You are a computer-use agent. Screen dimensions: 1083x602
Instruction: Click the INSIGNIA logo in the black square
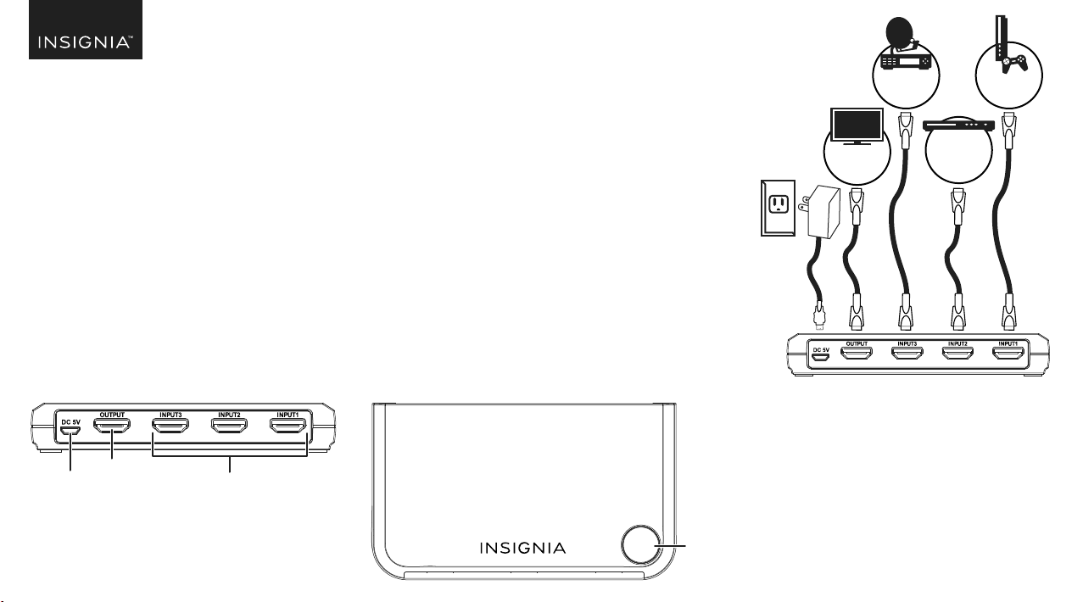[85, 42]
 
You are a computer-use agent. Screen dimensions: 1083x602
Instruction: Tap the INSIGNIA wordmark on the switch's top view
[522, 548]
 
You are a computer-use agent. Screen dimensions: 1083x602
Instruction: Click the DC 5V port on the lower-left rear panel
[70, 430]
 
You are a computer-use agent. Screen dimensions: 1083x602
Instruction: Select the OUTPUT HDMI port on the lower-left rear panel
[112, 426]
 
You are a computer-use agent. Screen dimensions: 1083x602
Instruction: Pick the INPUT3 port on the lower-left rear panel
[170, 426]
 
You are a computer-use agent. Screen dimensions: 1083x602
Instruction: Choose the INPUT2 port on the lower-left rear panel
[229, 426]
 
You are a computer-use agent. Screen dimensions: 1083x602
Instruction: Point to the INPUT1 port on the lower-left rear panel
[287, 426]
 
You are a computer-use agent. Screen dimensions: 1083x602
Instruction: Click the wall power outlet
[778, 208]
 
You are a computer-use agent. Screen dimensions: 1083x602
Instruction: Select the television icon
[857, 126]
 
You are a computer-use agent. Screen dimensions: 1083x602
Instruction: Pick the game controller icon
[1015, 64]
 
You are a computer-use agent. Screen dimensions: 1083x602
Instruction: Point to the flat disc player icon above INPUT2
[958, 125]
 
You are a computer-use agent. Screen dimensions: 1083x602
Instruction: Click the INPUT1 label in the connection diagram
[1008, 343]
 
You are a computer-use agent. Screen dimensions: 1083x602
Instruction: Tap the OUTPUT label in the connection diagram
[857, 343]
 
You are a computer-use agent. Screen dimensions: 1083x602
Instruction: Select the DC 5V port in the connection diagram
[820, 358]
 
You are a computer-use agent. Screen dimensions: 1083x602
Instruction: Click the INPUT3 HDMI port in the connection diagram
[907, 353]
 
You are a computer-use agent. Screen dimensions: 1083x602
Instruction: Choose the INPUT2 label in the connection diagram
[957, 343]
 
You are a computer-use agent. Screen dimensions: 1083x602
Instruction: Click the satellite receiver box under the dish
[906, 63]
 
